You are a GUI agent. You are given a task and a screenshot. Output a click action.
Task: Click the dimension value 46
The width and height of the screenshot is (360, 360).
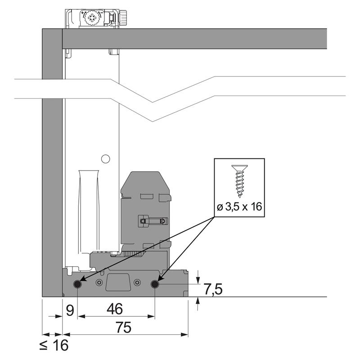tap(115, 309)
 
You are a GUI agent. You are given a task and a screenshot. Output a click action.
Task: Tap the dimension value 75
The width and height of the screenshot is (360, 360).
tap(124, 327)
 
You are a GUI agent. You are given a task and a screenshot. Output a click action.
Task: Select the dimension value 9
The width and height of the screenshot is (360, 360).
tap(70, 310)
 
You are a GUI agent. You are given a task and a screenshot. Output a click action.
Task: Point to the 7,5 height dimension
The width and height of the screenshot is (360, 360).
tap(213, 289)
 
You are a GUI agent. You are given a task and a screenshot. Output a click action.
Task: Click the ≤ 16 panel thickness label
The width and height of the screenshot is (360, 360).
tap(54, 345)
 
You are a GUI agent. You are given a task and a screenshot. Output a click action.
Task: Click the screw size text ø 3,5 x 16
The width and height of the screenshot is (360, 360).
tap(239, 207)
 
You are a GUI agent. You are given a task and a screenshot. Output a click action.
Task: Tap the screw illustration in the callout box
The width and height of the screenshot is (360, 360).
tap(240, 181)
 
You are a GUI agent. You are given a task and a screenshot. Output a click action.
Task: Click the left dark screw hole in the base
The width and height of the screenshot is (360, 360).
tap(77, 284)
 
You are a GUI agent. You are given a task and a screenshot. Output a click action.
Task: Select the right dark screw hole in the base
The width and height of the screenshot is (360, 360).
tap(155, 284)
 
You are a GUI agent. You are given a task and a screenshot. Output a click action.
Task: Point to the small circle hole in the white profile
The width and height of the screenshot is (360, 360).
tap(105, 159)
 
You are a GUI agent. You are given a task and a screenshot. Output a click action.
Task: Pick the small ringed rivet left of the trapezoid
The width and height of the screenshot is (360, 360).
tap(99, 283)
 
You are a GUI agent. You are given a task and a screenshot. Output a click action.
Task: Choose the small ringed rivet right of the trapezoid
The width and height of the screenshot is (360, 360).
tap(137, 283)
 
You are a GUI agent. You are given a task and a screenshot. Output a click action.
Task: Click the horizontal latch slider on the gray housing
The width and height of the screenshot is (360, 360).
tap(153, 221)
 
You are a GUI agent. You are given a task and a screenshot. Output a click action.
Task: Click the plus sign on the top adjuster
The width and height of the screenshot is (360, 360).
tap(82, 13)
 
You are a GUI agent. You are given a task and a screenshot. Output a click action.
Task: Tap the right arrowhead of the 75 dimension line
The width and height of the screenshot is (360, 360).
tap(184, 334)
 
